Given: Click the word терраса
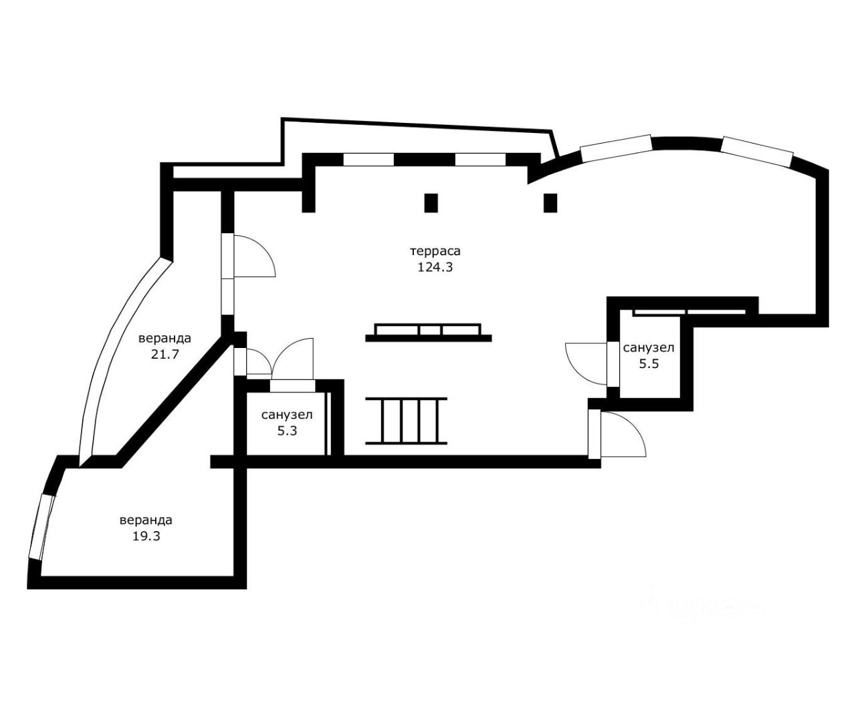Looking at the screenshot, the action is click(435, 251).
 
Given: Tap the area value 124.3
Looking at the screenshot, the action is click(435, 267).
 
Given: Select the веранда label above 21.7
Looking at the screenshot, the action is click(165, 339).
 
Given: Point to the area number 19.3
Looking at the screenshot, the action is click(146, 536).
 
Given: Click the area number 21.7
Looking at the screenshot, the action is click(165, 354).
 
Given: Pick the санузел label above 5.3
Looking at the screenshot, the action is click(287, 415).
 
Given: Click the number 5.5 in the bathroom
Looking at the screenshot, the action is click(649, 363).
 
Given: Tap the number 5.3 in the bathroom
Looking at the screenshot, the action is click(287, 431).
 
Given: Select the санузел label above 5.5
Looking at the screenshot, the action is click(649, 348).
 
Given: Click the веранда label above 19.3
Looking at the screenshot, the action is click(146, 520).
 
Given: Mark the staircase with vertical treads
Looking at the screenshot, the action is click(407, 421).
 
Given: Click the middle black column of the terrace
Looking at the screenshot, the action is click(431, 203).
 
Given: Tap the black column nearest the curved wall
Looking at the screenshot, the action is click(550, 203).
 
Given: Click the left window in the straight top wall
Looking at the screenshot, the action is click(368, 159).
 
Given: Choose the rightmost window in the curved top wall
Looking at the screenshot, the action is click(757, 152).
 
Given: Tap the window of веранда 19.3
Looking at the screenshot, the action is click(42, 526).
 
